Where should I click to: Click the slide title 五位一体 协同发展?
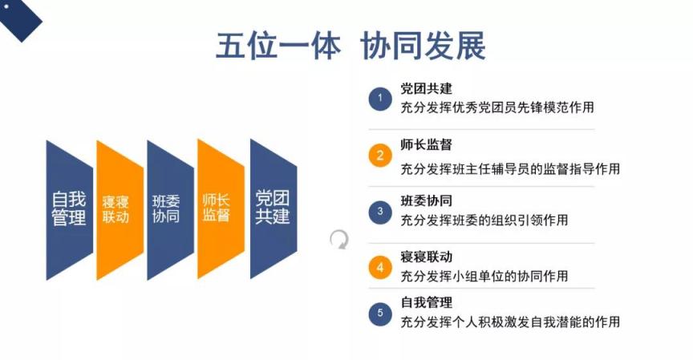click(351, 46)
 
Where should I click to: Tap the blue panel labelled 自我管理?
click(70, 210)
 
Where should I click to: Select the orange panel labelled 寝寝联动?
click(120, 210)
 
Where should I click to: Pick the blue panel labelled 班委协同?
click(170, 210)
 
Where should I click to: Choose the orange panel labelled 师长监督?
click(221, 209)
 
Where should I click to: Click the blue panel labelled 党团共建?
click(274, 209)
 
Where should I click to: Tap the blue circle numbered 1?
click(380, 99)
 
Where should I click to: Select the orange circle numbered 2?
click(380, 156)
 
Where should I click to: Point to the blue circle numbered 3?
click(380, 212)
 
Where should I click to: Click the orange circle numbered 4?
click(380, 268)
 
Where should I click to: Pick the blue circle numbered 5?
click(380, 313)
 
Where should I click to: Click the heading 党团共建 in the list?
click(426, 88)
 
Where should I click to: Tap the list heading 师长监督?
click(426, 144)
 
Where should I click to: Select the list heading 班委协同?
click(426, 200)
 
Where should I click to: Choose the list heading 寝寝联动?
click(426, 257)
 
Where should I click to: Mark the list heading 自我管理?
click(426, 302)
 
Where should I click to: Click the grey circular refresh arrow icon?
click(339, 239)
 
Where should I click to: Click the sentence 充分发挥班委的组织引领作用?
click(484, 220)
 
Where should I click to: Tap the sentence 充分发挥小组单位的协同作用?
click(484, 276)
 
